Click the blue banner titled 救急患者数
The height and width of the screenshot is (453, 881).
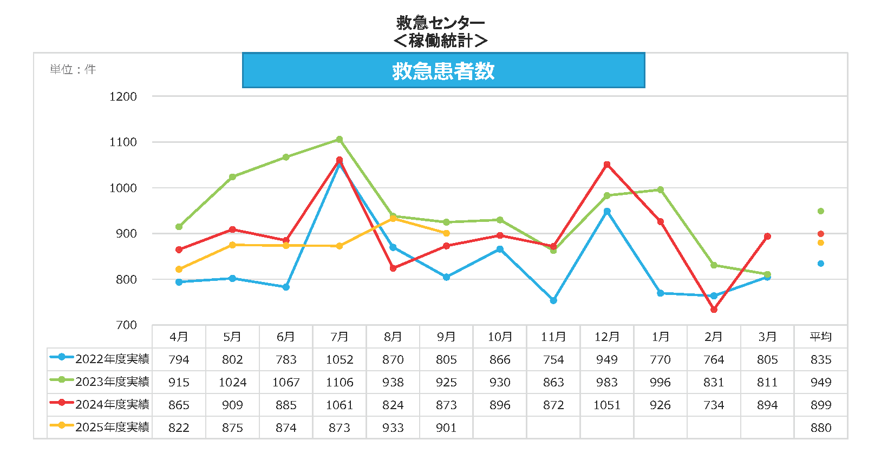coord(443,70)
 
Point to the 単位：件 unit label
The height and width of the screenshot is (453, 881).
coord(73,69)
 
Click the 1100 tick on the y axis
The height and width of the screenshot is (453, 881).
coord(123,142)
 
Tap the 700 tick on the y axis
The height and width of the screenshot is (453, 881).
coord(126,325)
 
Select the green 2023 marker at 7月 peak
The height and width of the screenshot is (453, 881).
coord(340,140)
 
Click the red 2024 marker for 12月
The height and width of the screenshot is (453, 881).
coord(607,165)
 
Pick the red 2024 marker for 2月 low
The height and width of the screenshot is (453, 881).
coord(714,310)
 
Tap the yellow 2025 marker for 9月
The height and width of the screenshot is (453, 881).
coord(446,233)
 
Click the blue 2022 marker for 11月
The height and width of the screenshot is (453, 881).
coord(553,300)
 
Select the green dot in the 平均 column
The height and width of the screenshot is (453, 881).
coord(820,211)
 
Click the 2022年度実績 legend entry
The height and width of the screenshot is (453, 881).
coord(100,359)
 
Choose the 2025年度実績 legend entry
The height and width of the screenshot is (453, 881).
coord(100,427)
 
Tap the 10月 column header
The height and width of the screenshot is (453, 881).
coord(499,337)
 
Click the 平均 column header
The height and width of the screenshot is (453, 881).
coord(820,337)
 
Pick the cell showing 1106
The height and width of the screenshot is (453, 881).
coord(340,382)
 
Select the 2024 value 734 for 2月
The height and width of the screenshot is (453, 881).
coord(714,405)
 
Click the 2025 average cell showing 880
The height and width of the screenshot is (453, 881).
coord(820,428)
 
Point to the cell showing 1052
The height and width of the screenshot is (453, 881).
coord(340,359)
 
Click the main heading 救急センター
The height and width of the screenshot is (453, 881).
coord(440,23)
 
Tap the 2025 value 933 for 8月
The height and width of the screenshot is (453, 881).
coord(393,428)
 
